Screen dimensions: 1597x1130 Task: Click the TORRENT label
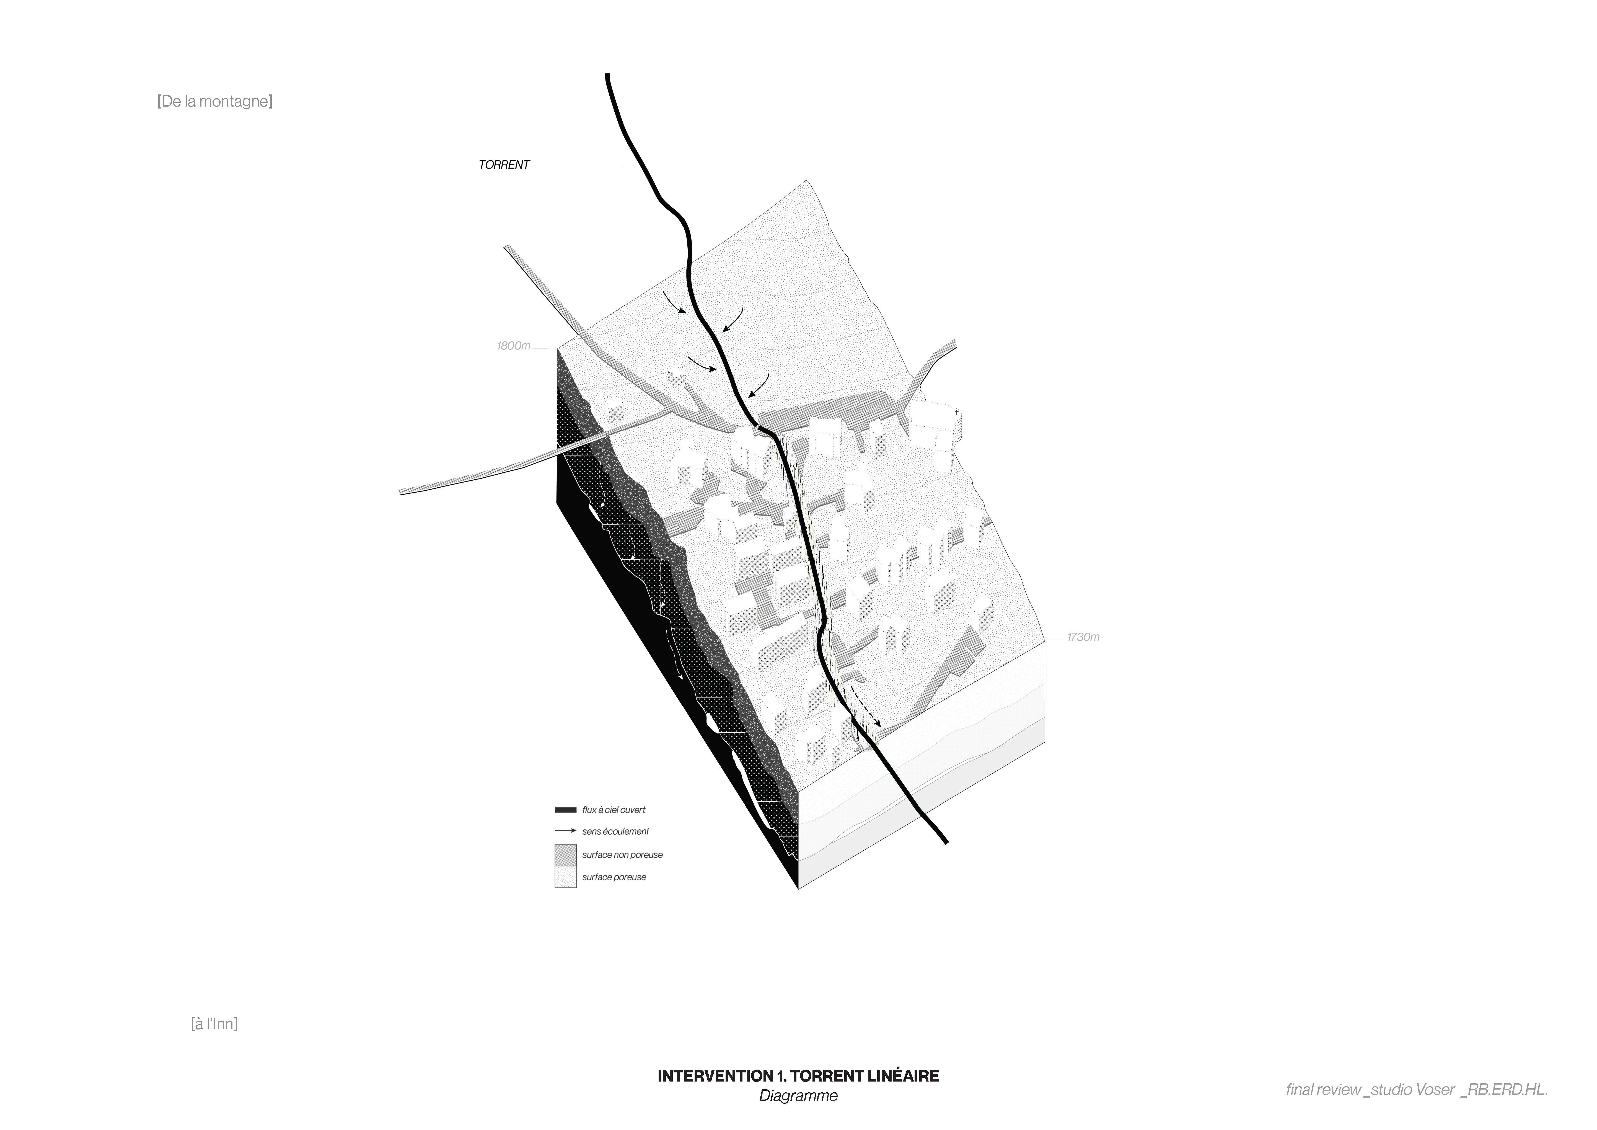(504, 165)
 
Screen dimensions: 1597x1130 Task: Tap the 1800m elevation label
(513, 346)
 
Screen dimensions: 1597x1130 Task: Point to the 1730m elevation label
(1083, 637)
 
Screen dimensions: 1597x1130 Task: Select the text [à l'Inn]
(214, 1024)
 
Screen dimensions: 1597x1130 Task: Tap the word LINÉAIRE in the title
(903, 1076)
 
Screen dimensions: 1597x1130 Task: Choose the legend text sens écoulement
(615, 832)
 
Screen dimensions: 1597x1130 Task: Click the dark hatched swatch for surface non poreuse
(565, 854)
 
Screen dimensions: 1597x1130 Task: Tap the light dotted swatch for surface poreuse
(565, 877)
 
